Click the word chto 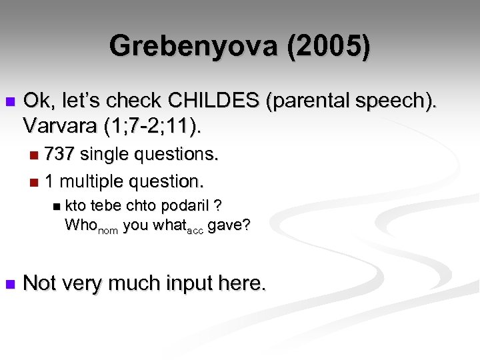[144, 205]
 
